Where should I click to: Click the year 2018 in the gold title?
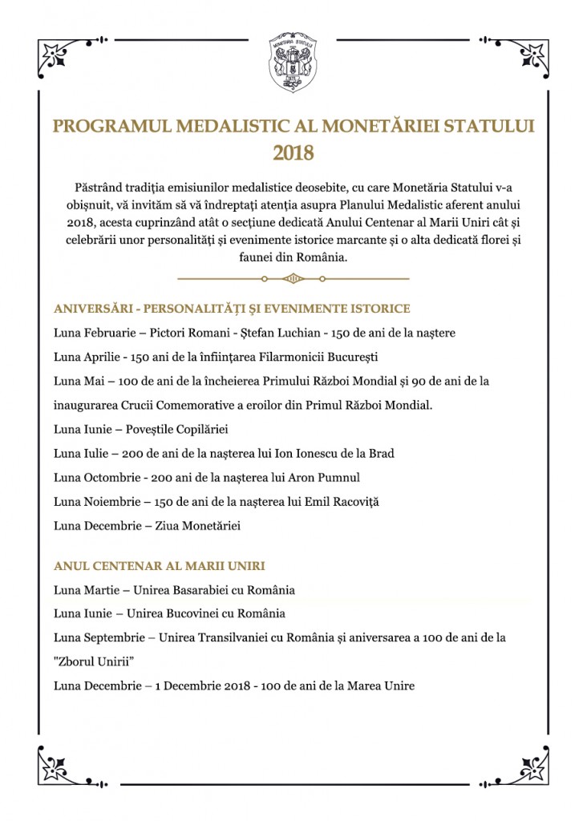click(x=293, y=152)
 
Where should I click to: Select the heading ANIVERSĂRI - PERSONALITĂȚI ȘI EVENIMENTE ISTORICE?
click(x=233, y=309)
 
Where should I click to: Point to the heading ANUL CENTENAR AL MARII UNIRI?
click(x=160, y=566)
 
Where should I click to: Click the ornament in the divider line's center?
click(x=293, y=278)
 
